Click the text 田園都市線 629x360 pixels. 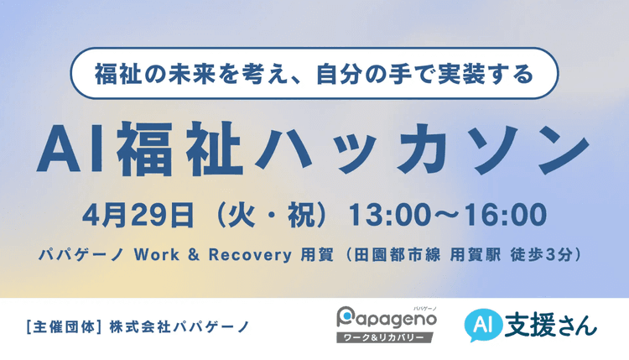coord(393,252)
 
